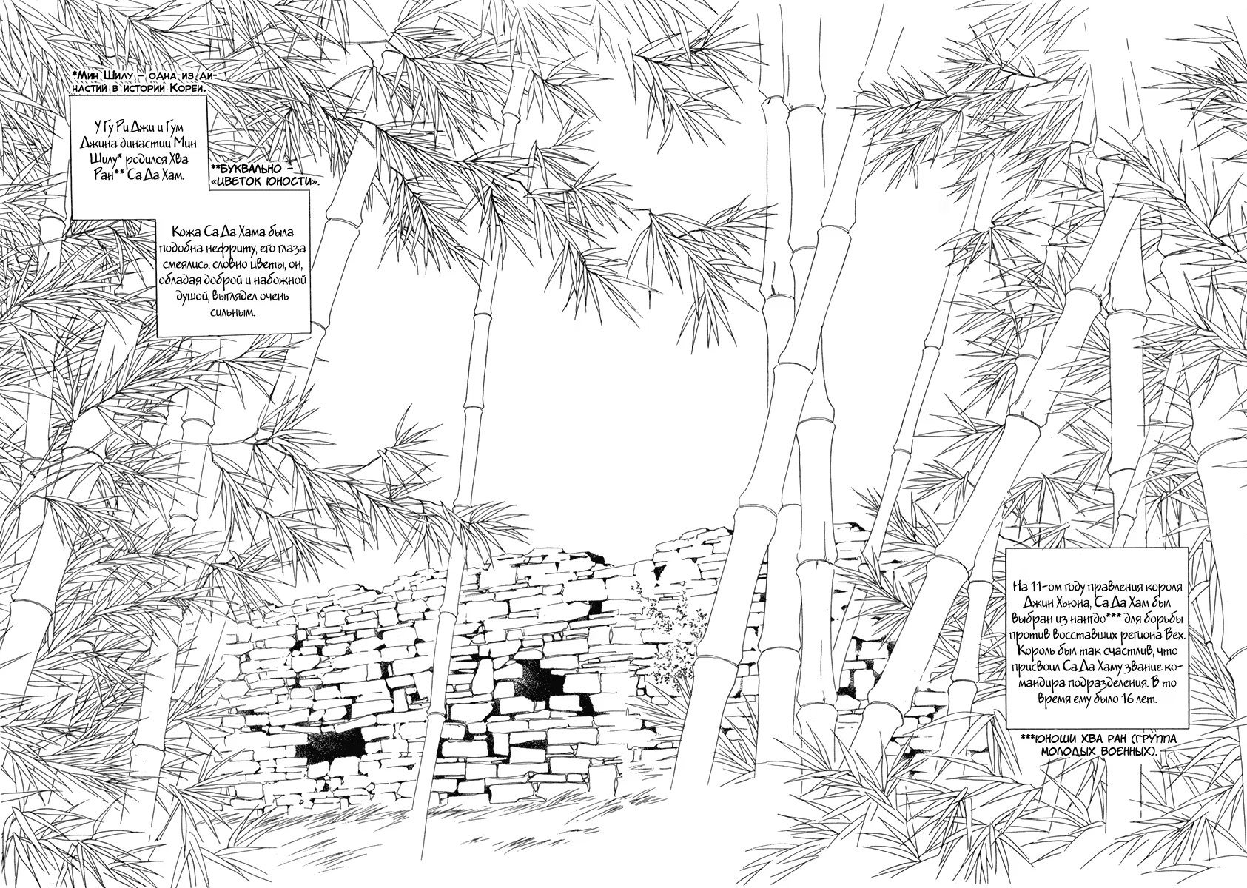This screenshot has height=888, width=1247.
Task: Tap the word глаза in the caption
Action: click(x=292, y=247)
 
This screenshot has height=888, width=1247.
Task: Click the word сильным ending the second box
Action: click(x=233, y=314)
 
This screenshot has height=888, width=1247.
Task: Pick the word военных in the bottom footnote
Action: click(x=1120, y=751)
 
